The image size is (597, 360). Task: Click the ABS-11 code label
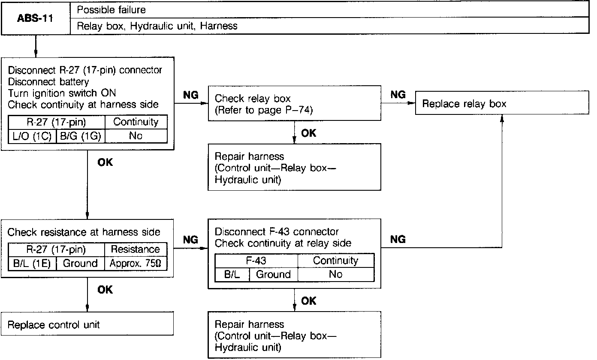pos(36,18)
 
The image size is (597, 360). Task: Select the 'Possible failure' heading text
pos(111,9)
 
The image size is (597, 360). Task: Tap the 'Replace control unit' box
pos(87,324)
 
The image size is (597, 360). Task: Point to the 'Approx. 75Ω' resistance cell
pos(135,263)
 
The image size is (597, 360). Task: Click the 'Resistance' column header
pos(135,249)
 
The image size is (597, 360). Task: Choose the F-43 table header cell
pos(256,261)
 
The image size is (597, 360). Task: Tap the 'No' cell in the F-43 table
pos(335,274)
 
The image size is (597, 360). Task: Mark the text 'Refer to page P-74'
pos(264,110)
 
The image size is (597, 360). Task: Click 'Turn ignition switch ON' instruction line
pos(62,93)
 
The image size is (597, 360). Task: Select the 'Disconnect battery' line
pos(48,81)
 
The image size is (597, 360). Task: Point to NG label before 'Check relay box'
pos(191,95)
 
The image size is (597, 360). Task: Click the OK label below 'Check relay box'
pos(308,133)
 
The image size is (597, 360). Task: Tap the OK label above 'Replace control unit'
pos(105,290)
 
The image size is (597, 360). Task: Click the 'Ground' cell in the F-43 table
pos(273,274)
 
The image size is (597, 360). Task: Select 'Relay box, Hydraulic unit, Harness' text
pos(157,26)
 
